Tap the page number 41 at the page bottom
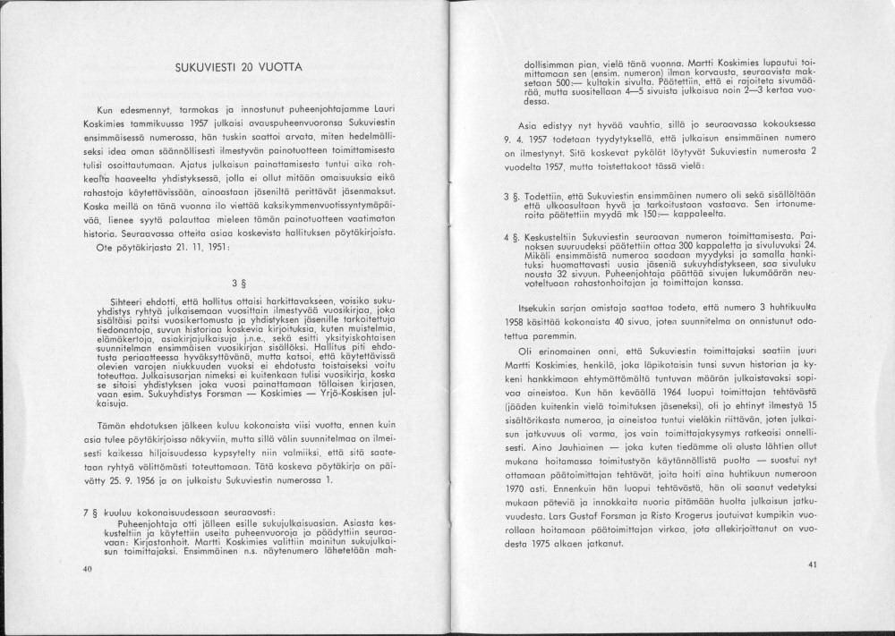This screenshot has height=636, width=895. [812, 564]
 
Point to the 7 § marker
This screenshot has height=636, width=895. [87, 518]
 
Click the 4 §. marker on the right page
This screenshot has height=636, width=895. [515, 239]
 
